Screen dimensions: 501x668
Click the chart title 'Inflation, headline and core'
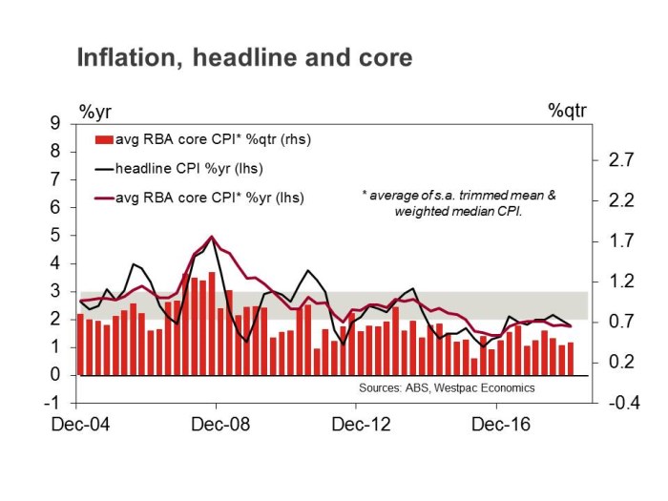coord(244,58)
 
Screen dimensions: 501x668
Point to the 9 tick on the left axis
coord(56,123)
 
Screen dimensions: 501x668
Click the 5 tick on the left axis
coord(56,235)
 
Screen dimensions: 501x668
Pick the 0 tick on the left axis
coord(56,375)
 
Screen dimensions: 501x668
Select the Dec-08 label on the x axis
coord(218,425)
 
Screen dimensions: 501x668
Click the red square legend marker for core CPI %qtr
coord(101,140)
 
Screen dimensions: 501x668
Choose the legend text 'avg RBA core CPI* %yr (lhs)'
coord(204,198)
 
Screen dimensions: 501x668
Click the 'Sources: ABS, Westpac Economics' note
coord(447,388)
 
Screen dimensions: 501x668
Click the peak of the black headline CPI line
coord(211,237)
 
